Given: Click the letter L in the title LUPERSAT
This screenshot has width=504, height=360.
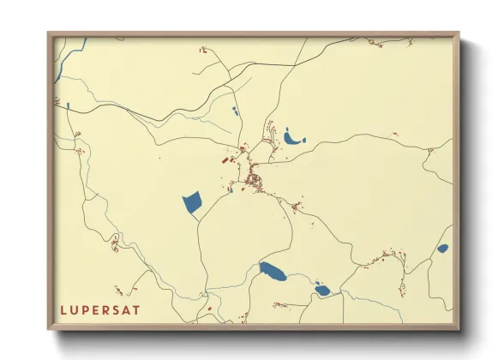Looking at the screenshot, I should tap(63, 309).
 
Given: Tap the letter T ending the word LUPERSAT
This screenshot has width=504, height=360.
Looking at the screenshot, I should tap(137, 309).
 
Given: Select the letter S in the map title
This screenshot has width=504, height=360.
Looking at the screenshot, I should tap(116, 309).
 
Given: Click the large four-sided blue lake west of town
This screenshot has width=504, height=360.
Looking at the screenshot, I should tap(191, 203).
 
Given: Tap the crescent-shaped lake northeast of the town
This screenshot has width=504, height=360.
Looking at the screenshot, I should tap(294, 138).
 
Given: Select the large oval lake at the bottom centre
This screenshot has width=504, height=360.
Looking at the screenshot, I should tap(273, 273).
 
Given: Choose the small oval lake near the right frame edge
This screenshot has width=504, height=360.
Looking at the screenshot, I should tap(442, 249).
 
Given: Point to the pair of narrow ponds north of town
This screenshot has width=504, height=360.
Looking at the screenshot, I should tap(235, 111).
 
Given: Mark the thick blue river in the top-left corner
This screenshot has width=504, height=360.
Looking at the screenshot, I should tap(61, 64).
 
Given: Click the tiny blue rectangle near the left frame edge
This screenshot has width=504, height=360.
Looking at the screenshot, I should tap(67, 105).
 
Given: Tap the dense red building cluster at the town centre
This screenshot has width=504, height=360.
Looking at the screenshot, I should tap(255, 180).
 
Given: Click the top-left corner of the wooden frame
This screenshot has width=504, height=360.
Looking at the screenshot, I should tap(49, 34).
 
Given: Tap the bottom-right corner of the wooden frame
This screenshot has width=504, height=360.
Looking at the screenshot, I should tap(459, 329).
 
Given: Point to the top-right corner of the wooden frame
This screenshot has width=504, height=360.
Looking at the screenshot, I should tap(459, 34).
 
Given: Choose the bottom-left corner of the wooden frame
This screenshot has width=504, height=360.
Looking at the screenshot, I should tap(49, 329).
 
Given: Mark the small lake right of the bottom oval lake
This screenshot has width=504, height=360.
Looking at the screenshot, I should tap(321, 290).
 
